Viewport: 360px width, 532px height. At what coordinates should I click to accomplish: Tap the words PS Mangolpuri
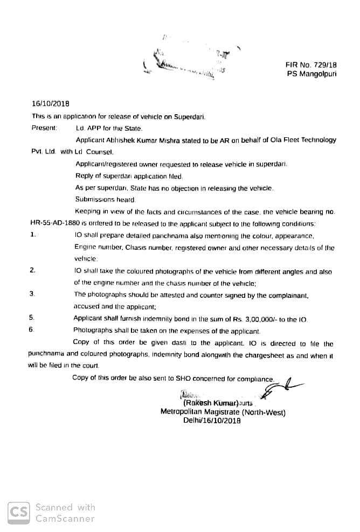click(311, 74)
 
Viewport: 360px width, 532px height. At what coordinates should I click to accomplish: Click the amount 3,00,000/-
click(264, 319)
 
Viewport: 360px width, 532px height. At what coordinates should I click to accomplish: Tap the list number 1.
click(33, 235)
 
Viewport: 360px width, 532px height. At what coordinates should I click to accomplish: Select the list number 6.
click(31, 331)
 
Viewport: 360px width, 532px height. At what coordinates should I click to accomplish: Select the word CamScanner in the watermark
click(65, 519)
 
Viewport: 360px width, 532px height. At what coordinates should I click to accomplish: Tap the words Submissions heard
click(97, 199)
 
